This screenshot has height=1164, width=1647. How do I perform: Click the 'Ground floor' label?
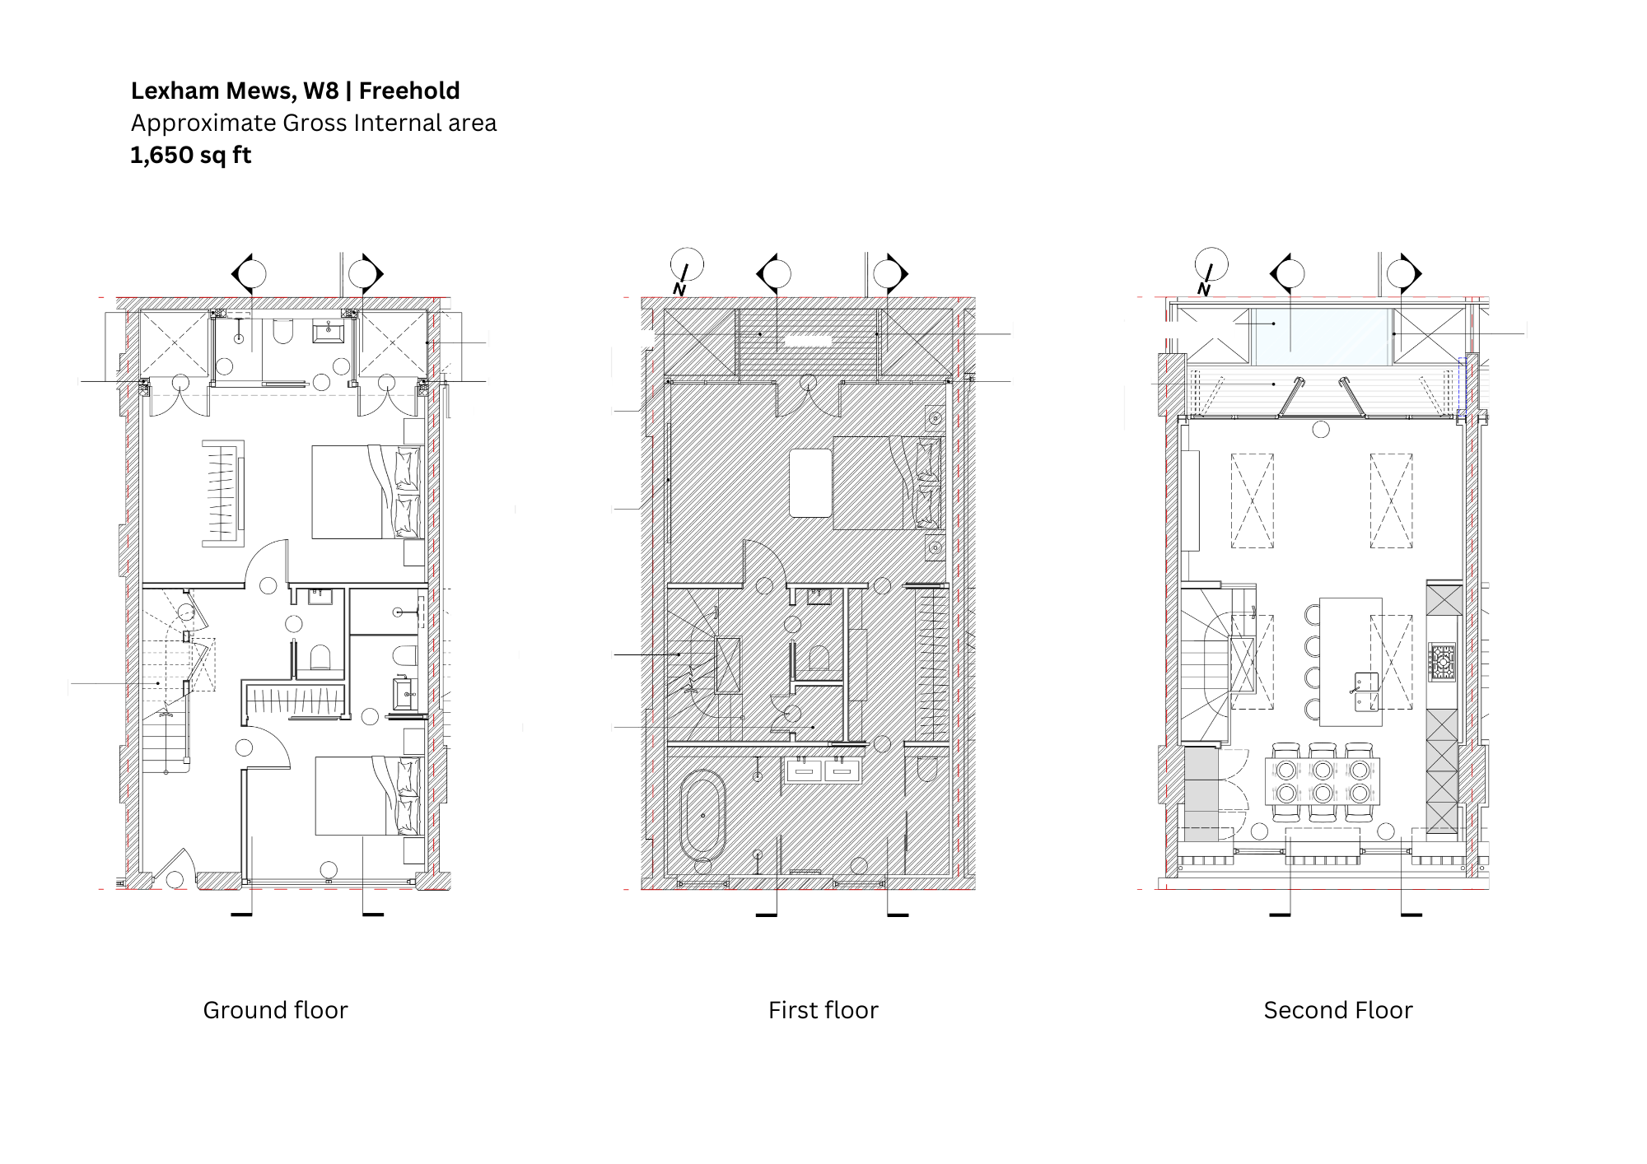(x=275, y=1010)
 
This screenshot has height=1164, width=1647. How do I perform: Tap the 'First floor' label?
(x=823, y=1010)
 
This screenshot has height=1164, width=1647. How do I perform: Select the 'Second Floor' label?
(x=1338, y=1010)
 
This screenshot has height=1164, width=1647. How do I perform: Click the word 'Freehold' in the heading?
(x=409, y=91)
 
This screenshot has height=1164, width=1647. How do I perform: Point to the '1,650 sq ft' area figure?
(x=191, y=155)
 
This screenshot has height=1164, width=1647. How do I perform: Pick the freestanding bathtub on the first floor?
(x=702, y=816)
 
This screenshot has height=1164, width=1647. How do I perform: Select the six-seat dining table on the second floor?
(x=1323, y=782)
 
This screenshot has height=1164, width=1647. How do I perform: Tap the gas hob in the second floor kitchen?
(x=1442, y=661)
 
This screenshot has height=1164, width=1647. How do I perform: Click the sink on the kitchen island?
(x=1366, y=691)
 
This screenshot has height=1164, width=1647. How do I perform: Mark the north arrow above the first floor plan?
(x=685, y=270)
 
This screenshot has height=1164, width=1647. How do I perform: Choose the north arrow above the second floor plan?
(x=1210, y=270)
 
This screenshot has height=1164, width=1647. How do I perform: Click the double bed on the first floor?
(x=888, y=482)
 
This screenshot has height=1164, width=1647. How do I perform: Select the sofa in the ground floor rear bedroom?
(x=223, y=493)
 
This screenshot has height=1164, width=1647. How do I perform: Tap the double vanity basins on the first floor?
(x=823, y=771)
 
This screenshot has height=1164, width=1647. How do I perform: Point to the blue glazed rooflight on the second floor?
(x=1322, y=337)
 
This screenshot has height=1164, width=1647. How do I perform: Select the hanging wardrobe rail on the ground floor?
(x=295, y=701)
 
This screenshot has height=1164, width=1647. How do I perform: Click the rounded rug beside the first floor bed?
(x=810, y=482)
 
